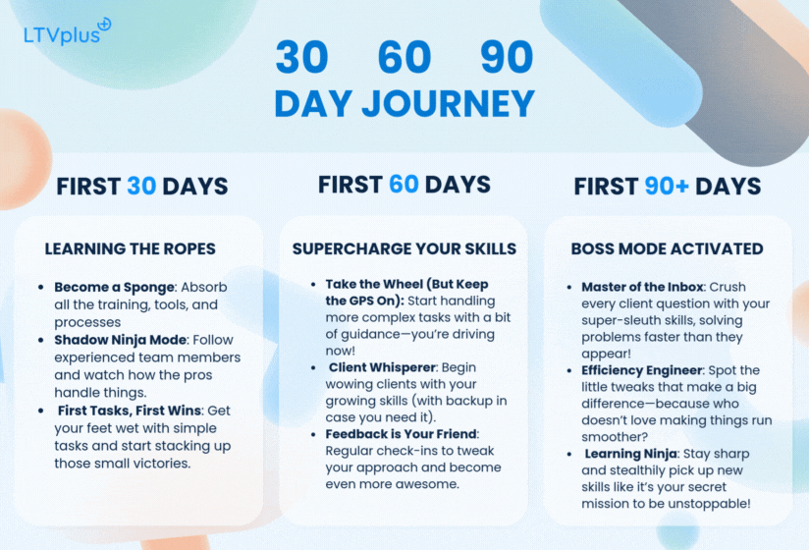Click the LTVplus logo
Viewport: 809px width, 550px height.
[x=67, y=31]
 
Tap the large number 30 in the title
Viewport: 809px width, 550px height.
[x=301, y=57]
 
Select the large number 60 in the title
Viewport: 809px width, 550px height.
[x=404, y=57]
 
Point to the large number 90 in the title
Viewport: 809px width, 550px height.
[x=507, y=57]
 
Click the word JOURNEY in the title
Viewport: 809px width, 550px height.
[x=449, y=104]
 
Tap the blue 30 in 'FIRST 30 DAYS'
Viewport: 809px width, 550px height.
[x=141, y=187]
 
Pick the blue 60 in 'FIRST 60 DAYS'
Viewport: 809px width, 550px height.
[x=404, y=185]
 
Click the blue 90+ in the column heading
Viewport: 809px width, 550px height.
[x=667, y=187]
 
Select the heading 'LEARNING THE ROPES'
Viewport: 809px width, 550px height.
[x=130, y=248]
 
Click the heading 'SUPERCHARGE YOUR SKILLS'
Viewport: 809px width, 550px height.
[x=404, y=248]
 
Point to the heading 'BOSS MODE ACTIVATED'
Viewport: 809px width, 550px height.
[x=667, y=248]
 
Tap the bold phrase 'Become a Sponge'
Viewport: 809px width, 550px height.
[x=115, y=288]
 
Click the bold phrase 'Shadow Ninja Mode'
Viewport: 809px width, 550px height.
[x=120, y=340]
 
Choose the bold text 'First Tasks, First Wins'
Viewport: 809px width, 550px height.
[x=130, y=411]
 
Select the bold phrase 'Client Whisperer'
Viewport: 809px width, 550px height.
[x=382, y=367]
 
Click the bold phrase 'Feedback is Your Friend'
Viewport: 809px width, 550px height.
[x=401, y=434]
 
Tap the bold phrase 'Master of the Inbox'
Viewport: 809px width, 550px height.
[x=642, y=287]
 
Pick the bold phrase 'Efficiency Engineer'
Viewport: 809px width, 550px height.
[x=642, y=370]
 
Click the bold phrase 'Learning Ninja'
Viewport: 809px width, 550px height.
[x=630, y=454]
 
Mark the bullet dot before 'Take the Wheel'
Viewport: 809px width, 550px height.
[x=313, y=284]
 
